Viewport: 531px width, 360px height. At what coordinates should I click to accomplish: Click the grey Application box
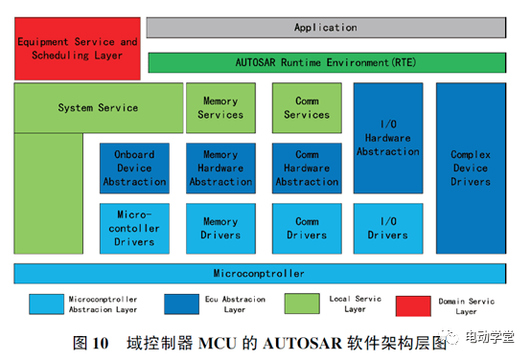coord(326,28)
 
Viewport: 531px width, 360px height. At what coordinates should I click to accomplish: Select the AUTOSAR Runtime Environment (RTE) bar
coord(327,62)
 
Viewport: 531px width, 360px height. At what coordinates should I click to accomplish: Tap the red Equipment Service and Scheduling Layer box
coord(78,49)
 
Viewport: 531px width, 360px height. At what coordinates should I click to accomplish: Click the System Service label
coord(98,107)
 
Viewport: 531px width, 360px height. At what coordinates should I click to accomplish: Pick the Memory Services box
coord(220,108)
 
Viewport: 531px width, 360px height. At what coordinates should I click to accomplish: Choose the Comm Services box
coord(307,108)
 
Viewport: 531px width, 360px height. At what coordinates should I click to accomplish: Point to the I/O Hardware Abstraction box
coord(388,138)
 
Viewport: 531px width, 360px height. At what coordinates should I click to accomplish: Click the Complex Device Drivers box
coord(471,169)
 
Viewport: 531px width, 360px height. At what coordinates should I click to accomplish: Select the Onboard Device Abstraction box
coord(134,169)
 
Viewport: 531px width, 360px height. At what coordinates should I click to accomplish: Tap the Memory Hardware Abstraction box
coord(220,169)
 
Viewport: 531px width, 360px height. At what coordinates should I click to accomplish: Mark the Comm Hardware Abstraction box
coord(307,169)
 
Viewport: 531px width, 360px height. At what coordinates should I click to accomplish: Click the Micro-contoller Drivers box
coord(134,229)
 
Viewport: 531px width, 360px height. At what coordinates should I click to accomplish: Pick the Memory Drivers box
coord(220,229)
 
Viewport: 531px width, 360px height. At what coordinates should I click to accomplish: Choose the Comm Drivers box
coord(307,229)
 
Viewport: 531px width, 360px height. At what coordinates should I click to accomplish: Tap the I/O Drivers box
coord(388,229)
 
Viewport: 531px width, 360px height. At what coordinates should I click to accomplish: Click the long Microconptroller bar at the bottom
coord(260,274)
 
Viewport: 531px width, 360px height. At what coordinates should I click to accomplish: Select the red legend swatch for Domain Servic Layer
coord(413,305)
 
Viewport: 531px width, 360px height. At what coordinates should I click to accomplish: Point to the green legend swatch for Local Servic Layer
coord(302,304)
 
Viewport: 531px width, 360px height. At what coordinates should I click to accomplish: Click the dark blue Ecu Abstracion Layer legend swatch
coord(181,304)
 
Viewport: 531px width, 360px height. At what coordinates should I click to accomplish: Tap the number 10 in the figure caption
coord(101,343)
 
